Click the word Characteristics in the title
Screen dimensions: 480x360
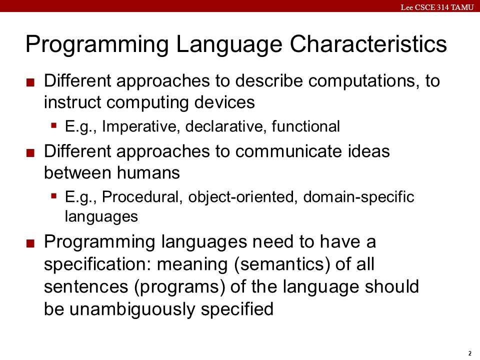click(368, 44)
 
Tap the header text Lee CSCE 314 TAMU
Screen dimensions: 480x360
click(437, 7)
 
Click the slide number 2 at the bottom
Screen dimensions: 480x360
click(470, 353)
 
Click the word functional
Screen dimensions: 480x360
click(306, 126)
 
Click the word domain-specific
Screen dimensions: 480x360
click(359, 197)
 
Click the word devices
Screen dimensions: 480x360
click(224, 102)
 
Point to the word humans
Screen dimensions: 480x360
click(148, 172)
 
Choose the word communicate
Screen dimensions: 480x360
click(288, 151)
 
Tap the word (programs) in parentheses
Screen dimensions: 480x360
click(179, 287)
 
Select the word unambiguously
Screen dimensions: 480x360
click(132, 309)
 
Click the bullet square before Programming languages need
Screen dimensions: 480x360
click(30, 243)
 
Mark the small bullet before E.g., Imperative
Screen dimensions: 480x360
click(54, 125)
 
